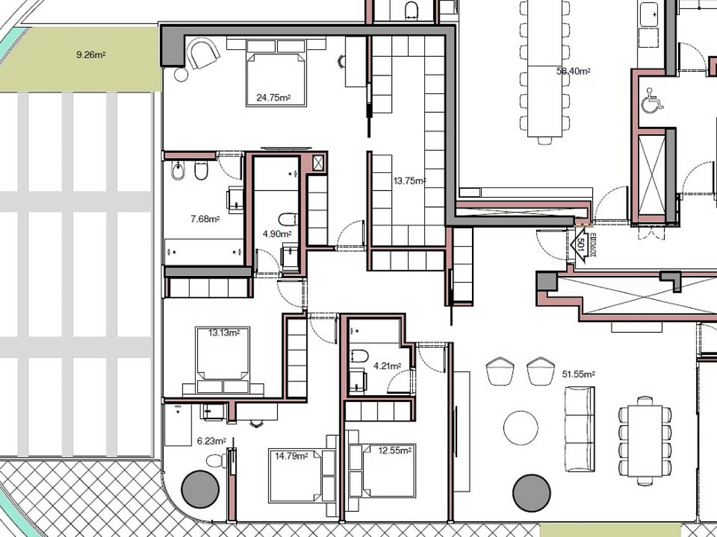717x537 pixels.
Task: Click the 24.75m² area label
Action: pos(274,97)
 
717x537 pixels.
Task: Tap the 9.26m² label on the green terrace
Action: pos(91,55)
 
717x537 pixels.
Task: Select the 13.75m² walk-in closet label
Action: pos(409,181)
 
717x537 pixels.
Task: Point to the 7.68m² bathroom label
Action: pos(205,219)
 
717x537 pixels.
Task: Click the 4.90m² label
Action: pos(277,234)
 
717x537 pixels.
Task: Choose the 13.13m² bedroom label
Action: pos(224,333)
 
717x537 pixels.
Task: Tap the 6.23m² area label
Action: pos(212,441)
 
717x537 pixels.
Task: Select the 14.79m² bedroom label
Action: pos(291,456)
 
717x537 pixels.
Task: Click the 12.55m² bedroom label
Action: pos(395,451)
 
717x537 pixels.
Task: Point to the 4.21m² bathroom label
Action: pos(388,366)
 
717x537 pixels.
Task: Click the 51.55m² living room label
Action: pos(578,374)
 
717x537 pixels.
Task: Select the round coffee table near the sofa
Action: pos(520,428)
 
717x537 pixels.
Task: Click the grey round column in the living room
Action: pos(532,493)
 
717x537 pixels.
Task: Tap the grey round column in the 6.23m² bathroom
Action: pos(200,489)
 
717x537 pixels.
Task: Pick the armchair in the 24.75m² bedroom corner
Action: pos(203,53)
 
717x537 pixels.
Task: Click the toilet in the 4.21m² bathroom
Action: pos(359,356)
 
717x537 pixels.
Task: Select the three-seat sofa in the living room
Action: pos(580,429)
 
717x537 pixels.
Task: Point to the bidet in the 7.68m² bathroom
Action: pos(178,170)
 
